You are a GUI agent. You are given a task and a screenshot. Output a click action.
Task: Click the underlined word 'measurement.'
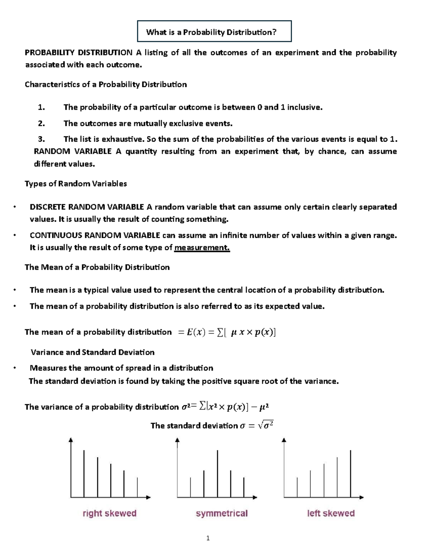(x=202, y=247)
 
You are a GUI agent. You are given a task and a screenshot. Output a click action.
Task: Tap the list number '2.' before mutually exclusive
(x=42, y=123)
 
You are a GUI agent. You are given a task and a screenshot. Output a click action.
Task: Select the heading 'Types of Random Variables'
(x=76, y=184)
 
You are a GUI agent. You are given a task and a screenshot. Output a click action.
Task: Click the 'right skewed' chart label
(x=110, y=513)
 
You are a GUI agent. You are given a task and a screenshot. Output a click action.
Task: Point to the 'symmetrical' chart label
(x=222, y=513)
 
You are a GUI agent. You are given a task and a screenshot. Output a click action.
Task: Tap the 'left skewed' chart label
(x=331, y=513)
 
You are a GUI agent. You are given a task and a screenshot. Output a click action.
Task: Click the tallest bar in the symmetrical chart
(x=218, y=473)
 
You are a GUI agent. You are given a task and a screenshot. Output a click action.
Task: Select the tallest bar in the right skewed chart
(x=84, y=473)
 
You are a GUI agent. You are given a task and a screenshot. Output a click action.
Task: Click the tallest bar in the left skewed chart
(x=350, y=473)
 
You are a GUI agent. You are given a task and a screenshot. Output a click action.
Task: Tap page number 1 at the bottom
(x=208, y=538)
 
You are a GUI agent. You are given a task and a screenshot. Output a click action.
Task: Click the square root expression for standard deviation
(x=266, y=425)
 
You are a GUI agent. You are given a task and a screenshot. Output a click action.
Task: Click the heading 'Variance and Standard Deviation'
(x=92, y=352)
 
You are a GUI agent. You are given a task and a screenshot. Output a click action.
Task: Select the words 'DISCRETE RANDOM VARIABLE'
(x=87, y=207)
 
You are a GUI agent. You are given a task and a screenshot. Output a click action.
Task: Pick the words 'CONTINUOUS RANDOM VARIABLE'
(x=95, y=235)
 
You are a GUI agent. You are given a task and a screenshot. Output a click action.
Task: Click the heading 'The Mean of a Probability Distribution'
(x=97, y=267)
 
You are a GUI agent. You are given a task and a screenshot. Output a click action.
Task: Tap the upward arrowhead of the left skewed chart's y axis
(x=284, y=440)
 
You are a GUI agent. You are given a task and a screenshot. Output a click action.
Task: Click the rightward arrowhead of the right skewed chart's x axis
(x=148, y=497)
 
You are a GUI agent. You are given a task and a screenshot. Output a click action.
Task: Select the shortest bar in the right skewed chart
(x=137, y=487)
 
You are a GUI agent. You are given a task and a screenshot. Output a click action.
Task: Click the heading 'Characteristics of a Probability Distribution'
(x=106, y=85)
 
